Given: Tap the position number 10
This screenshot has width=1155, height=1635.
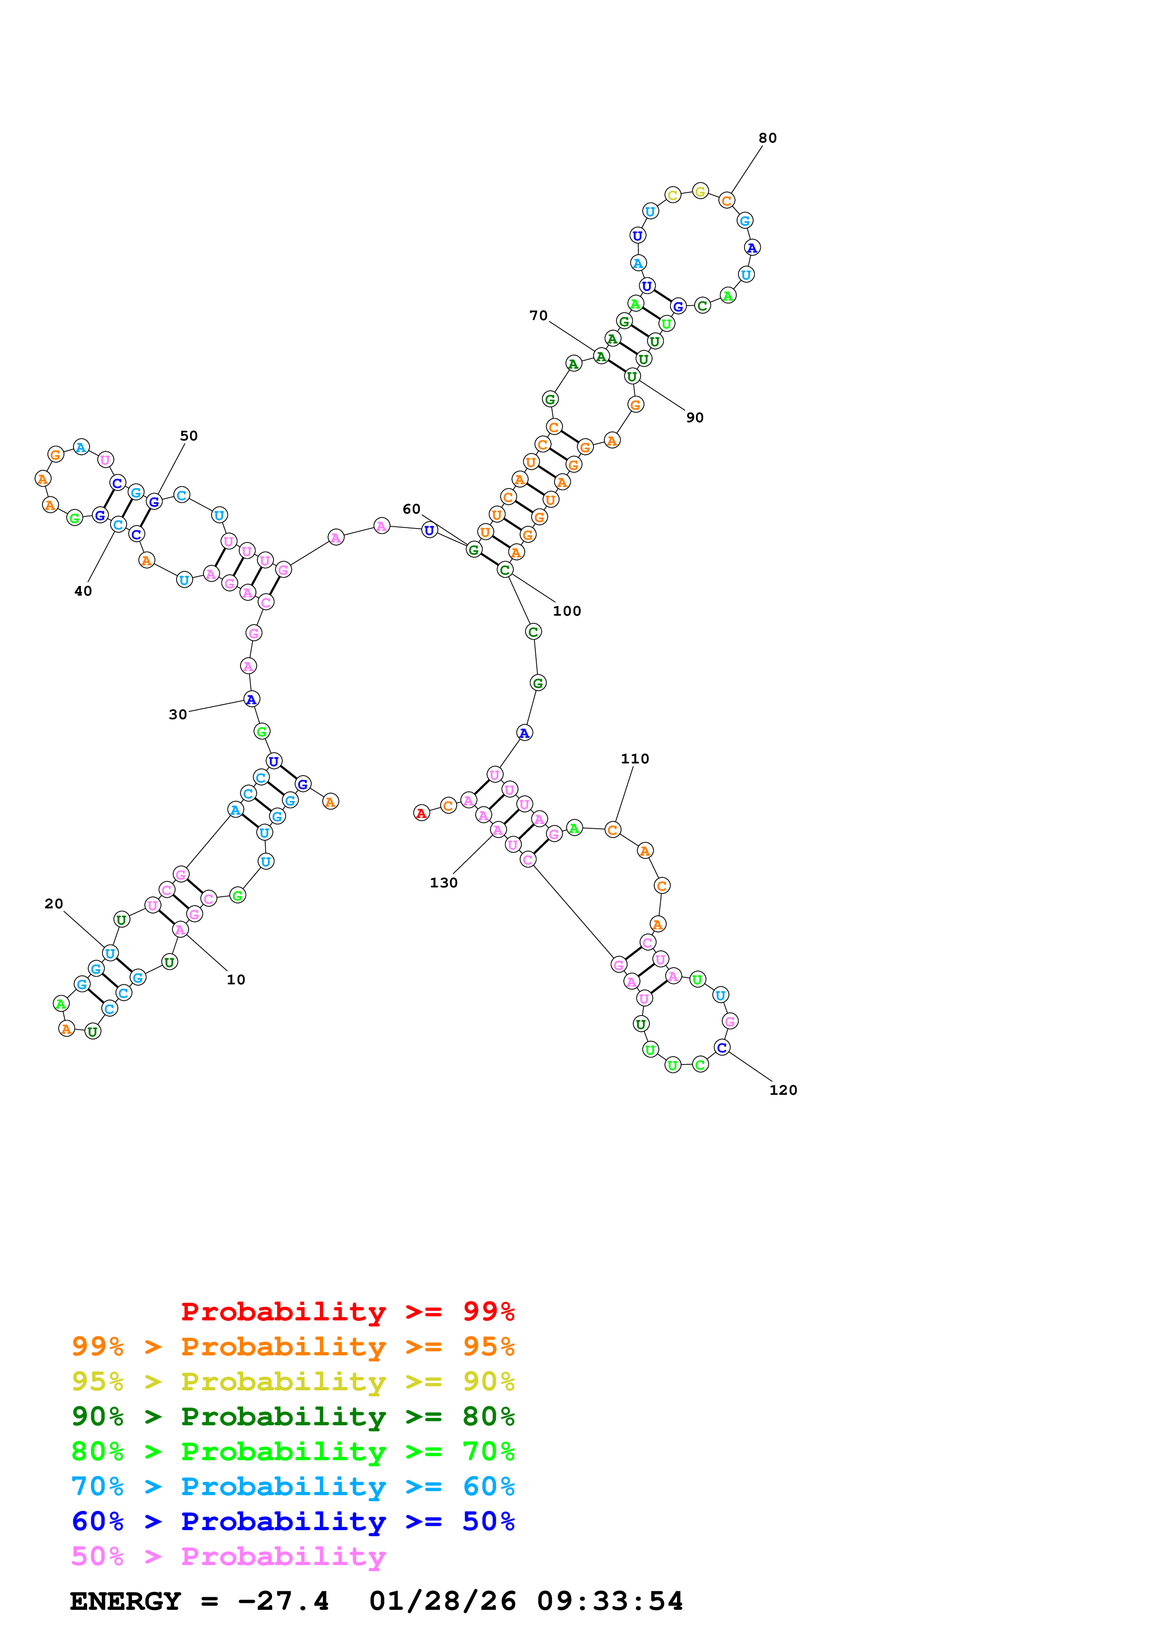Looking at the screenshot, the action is tap(236, 980).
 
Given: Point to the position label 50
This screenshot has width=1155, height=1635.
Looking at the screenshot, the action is tap(189, 436).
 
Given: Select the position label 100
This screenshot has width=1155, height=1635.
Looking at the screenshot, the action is tap(567, 611).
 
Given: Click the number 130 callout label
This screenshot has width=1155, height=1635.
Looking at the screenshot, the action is tap(444, 883).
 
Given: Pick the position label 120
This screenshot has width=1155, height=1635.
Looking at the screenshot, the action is tap(783, 1090).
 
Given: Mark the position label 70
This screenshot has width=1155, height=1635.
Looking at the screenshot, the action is tap(538, 316).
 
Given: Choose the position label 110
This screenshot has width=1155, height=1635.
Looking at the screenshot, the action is tap(634, 759).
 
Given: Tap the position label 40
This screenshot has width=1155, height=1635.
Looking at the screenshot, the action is tap(83, 591).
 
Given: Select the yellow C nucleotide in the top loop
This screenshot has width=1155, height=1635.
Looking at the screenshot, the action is tap(672, 195).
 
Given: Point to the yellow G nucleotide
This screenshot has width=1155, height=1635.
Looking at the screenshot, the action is tap(700, 191).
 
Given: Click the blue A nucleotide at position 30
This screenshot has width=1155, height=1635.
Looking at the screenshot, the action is tap(251, 699).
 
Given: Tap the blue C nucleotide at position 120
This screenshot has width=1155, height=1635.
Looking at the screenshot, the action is tap(722, 1048).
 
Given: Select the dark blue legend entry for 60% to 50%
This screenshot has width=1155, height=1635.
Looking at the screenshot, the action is tap(293, 1522).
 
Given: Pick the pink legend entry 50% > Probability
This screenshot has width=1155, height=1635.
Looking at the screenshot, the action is tap(228, 1557).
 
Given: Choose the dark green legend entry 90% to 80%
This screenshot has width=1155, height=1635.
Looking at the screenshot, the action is tap(293, 1416).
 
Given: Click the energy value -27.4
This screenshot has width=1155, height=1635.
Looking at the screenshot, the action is tap(282, 1601).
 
